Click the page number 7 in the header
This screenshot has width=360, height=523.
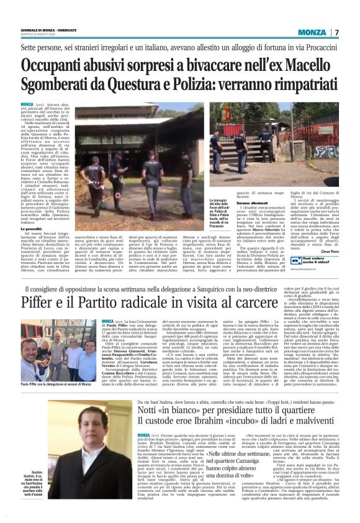[x=336, y=32]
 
